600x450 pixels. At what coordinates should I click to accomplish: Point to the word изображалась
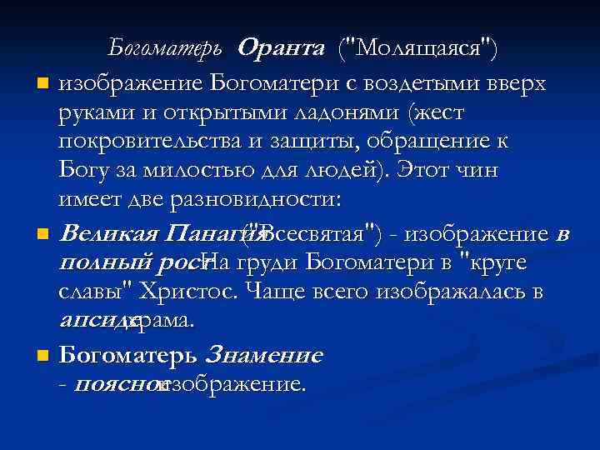coord(451,292)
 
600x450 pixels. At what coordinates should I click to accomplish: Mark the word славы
coord(91,292)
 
